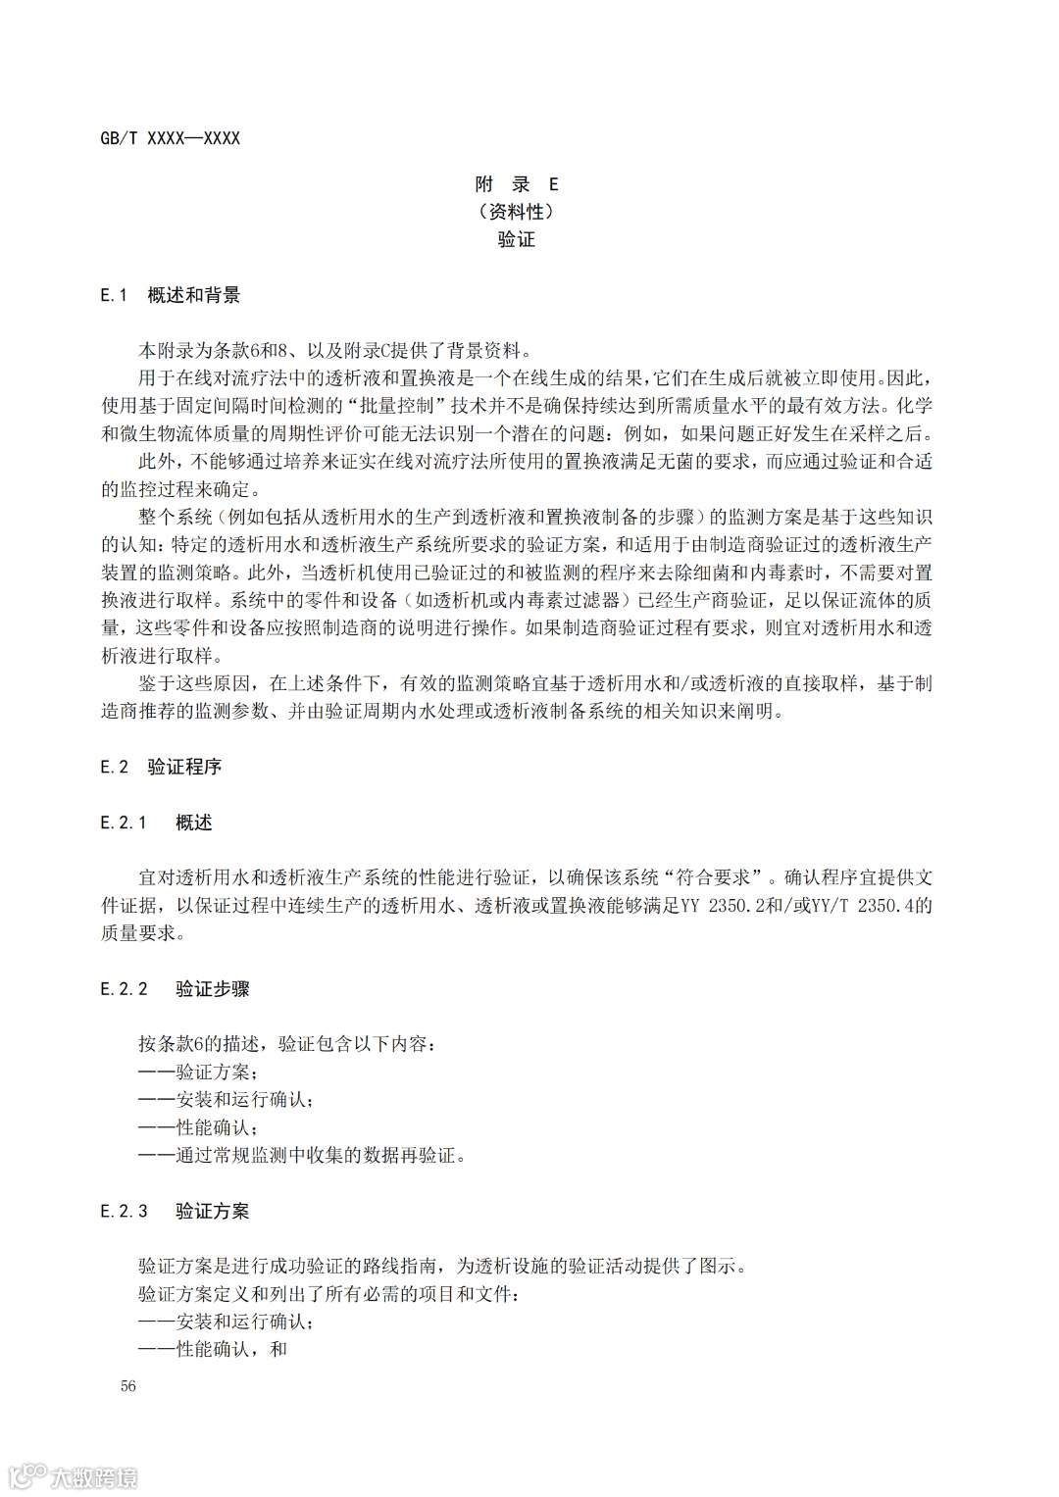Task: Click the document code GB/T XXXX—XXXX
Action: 170,138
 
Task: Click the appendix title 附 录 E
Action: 516,184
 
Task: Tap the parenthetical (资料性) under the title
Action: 516,212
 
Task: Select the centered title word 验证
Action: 516,239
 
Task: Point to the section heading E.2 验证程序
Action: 161,767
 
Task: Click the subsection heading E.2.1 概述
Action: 156,823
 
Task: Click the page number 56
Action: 128,1385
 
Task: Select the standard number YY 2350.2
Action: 726,906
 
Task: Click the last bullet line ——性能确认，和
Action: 213,1349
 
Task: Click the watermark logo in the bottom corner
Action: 73,1475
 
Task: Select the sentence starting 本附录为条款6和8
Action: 333,350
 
